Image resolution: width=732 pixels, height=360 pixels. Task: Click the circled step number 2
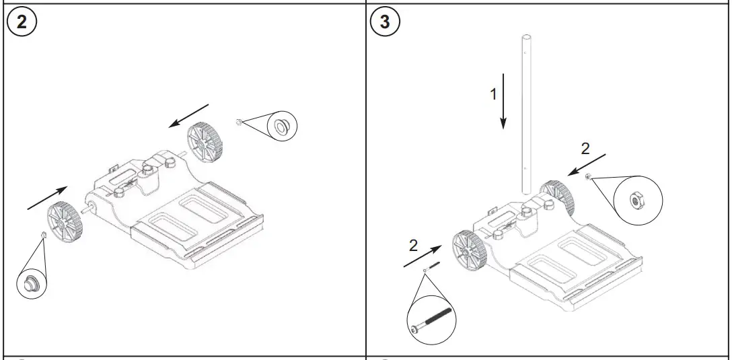tap(22, 22)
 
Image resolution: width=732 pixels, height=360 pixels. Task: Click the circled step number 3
tap(385, 22)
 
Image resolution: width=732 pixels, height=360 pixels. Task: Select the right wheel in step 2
tap(205, 141)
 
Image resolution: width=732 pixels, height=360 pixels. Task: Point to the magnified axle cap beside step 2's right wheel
tap(281, 125)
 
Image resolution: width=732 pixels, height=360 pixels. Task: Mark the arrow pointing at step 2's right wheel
tap(189, 115)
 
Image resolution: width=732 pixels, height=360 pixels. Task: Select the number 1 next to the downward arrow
tap(493, 94)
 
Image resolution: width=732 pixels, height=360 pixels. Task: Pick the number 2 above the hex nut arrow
tap(585, 149)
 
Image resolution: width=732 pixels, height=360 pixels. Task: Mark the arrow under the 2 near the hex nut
tap(586, 164)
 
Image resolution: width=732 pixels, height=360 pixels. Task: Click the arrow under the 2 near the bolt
tap(423, 258)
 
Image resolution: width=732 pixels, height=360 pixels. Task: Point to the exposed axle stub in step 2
tap(86, 209)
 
